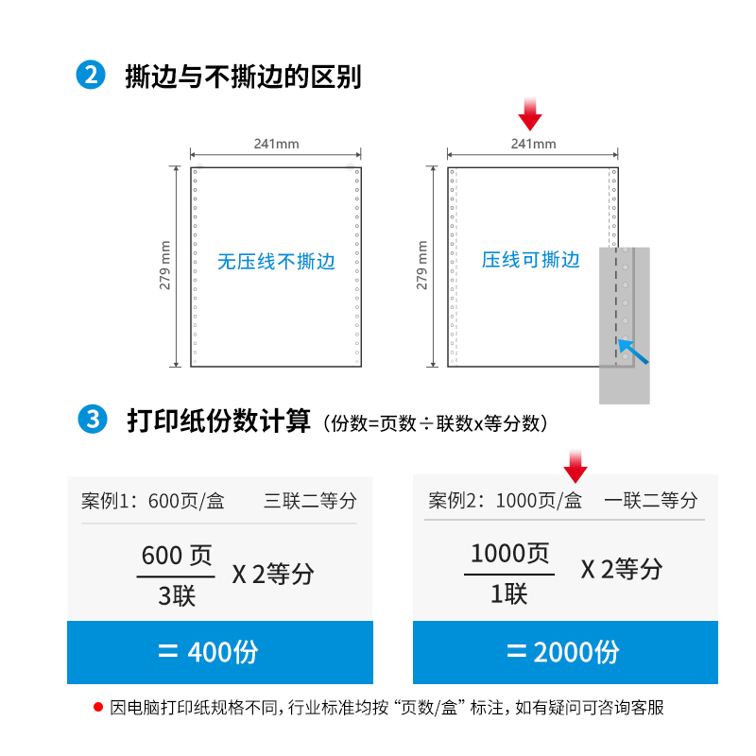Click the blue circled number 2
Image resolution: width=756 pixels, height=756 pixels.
click(91, 76)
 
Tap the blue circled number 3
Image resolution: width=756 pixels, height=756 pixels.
click(93, 419)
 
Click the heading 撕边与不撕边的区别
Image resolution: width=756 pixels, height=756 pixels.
click(243, 77)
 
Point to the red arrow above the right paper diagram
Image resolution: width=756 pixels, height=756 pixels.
click(530, 113)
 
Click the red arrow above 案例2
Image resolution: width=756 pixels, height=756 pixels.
click(576, 466)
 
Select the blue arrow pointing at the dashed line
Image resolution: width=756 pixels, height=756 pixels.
click(633, 352)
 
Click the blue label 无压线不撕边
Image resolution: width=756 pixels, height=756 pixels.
click(276, 262)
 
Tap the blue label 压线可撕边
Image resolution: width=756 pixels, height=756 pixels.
click(531, 260)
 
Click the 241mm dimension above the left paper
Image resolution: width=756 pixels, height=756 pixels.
click(276, 144)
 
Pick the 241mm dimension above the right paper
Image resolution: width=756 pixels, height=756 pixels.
click(533, 144)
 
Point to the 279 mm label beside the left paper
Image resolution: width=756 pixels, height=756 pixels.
click(164, 266)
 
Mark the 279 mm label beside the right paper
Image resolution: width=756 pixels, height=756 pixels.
click(421, 266)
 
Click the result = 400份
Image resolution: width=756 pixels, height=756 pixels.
click(208, 652)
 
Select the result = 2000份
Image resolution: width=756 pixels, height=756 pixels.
click(563, 652)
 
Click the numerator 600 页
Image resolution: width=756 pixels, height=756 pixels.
click(177, 556)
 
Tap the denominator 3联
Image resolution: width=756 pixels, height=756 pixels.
click(177, 596)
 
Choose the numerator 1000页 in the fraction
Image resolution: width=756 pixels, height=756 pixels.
click(509, 553)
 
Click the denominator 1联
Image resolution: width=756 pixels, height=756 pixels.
click(509, 593)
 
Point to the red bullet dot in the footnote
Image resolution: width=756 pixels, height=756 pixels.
click(98, 707)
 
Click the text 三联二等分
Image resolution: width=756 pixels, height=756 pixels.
click(310, 501)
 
